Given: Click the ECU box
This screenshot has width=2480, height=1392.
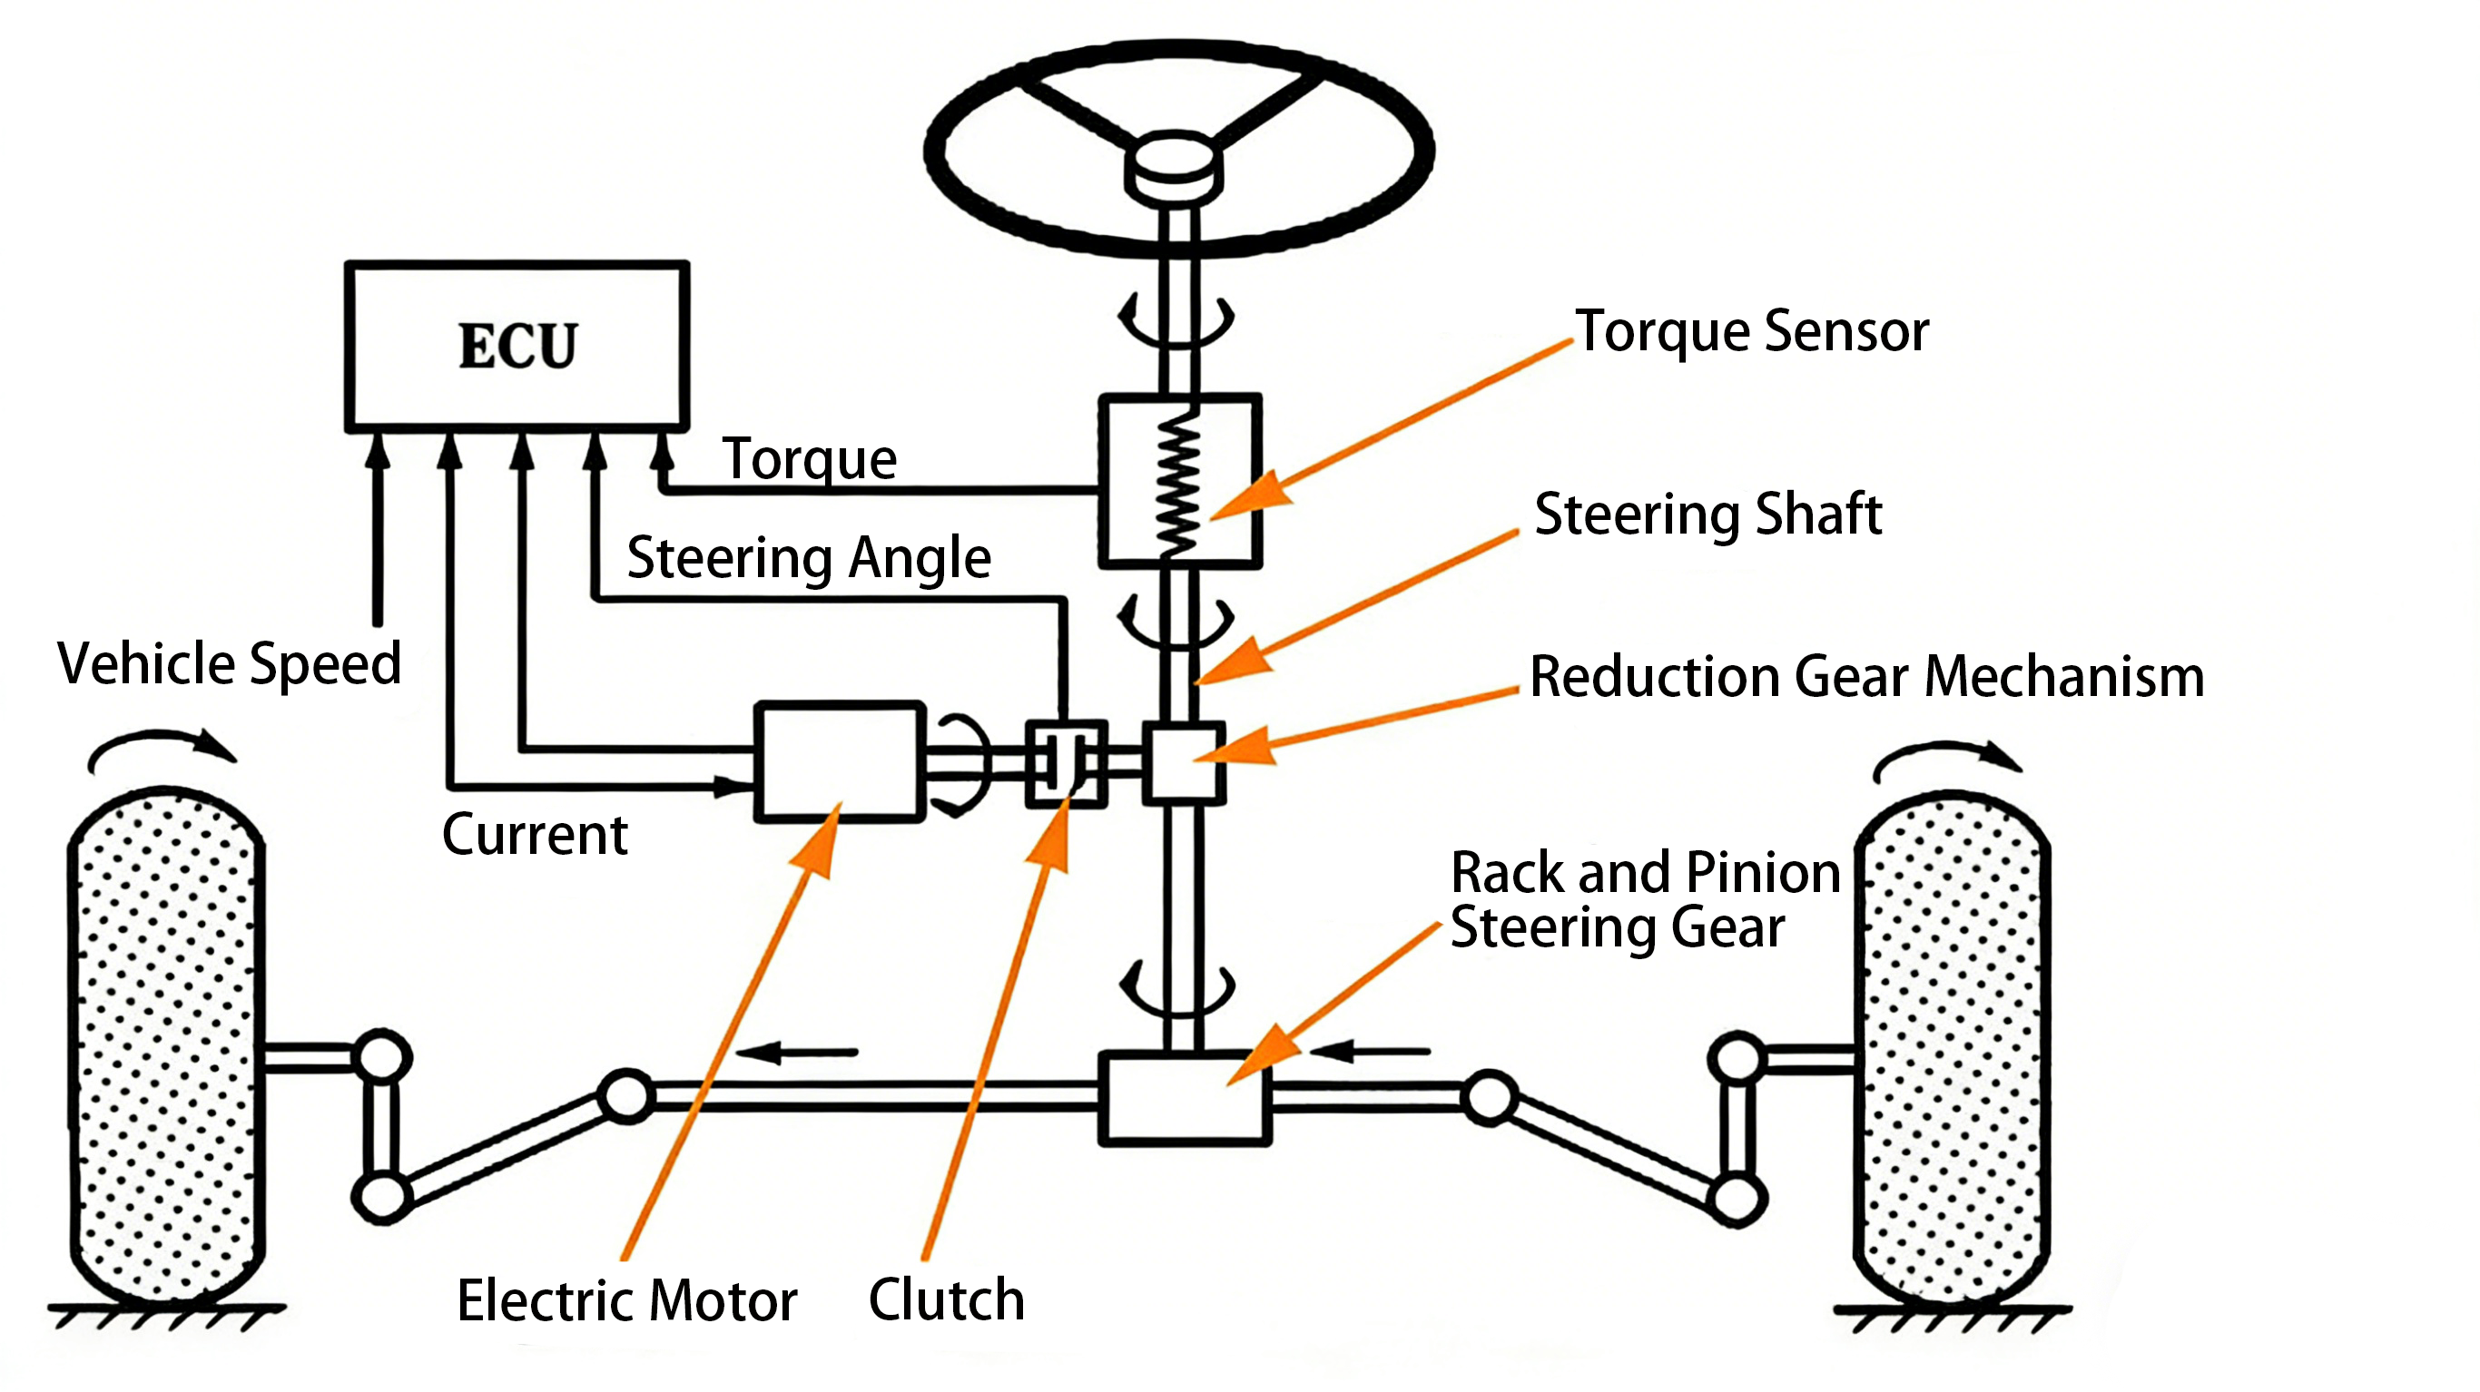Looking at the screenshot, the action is click(x=517, y=345).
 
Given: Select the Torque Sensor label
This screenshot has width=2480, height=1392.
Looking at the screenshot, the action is click(x=1751, y=332).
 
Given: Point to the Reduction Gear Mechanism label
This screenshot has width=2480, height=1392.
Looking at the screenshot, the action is click(x=1866, y=676).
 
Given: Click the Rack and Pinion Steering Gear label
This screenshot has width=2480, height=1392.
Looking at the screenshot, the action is click(x=1644, y=900).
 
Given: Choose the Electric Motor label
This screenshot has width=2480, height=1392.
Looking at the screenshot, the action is click(x=626, y=1300).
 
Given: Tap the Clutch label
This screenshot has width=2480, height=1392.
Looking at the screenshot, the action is click(x=947, y=1299).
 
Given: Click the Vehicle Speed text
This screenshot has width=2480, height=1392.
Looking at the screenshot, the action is click(x=229, y=663).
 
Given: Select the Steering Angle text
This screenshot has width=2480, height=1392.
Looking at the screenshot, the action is click(x=809, y=558).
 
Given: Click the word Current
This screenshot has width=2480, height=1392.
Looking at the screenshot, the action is click(x=535, y=834).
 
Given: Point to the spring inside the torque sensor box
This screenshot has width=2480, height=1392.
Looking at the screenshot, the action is click(x=1177, y=480).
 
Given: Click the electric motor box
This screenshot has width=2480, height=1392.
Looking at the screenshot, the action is click(x=840, y=761).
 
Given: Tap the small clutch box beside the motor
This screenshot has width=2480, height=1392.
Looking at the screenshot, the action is click(x=1066, y=763).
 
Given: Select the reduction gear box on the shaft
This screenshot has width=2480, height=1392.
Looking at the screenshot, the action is click(x=1184, y=762).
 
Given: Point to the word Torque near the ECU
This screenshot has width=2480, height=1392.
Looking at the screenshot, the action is click(x=810, y=459).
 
